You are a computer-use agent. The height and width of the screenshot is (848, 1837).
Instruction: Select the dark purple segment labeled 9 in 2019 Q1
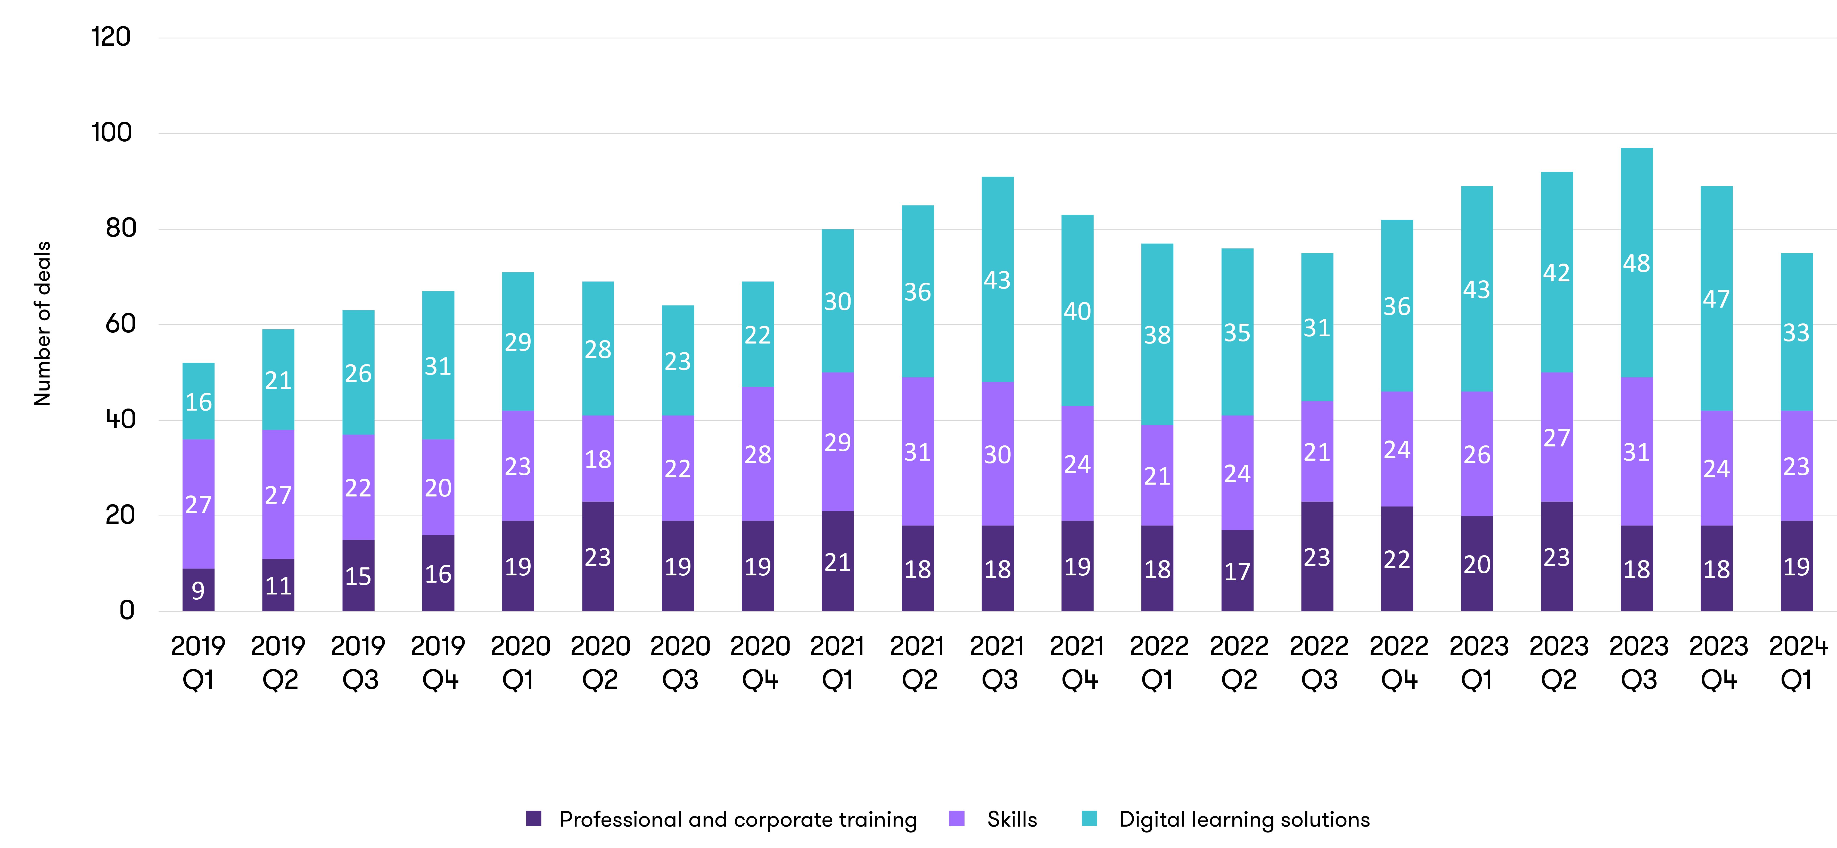point(198,590)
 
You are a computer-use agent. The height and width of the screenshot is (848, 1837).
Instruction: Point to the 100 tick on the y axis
point(112,133)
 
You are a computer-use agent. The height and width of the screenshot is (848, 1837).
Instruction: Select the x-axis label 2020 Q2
point(600,663)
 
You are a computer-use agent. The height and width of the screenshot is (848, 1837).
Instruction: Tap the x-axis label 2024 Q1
point(1797,663)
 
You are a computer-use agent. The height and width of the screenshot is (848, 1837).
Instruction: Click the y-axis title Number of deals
point(43,324)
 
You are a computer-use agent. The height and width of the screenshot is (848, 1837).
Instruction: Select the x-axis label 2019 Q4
point(438,663)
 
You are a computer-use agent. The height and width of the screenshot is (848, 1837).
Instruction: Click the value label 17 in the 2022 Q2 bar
point(1237,571)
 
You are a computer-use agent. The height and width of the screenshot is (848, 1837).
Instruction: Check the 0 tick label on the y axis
point(127,610)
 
